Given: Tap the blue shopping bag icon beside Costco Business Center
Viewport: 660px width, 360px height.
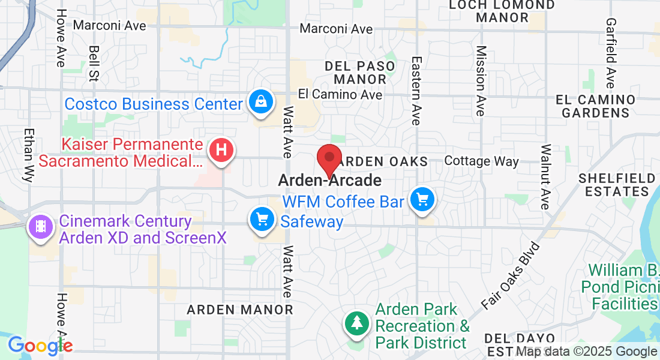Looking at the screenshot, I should (x=262, y=101).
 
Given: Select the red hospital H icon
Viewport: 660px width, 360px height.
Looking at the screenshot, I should (x=221, y=150).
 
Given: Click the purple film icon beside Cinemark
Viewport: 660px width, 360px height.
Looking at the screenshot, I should (x=40, y=227).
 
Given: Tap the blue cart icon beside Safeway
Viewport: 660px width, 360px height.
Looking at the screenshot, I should (x=262, y=219).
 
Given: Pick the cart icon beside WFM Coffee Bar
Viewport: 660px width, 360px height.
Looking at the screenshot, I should (x=422, y=199).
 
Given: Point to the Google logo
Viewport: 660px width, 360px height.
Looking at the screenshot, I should (x=40, y=346).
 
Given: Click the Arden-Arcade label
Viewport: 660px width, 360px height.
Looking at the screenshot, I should (x=329, y=181).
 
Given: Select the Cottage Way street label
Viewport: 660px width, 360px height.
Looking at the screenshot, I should (x=481, y=161).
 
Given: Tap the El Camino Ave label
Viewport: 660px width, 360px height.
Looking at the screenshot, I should (x=340, y=95).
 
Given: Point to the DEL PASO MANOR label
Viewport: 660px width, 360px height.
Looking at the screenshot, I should (x=360, y=72).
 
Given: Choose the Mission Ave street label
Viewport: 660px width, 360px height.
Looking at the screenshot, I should (x=480, y=81).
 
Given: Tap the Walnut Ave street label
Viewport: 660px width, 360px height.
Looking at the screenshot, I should (x=545, y=176).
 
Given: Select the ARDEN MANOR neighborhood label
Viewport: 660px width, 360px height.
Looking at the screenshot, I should (x=240, y=310).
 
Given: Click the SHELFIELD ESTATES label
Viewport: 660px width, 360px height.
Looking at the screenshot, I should (x=617, y=185).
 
